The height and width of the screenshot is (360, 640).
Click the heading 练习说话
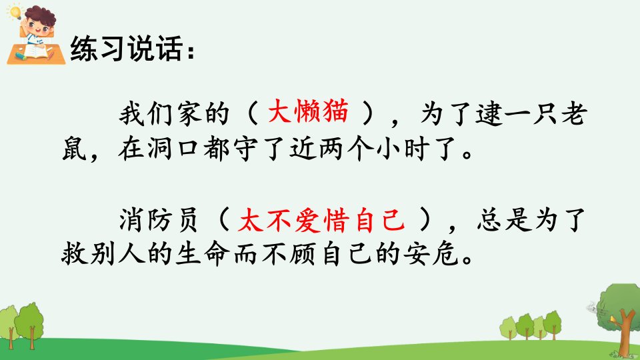127,49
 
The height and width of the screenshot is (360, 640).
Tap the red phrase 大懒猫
308,111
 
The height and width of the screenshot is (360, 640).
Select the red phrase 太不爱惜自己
321,221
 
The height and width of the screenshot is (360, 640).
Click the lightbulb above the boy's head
15,11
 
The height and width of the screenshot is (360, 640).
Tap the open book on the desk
37,52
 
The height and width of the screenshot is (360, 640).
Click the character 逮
489,113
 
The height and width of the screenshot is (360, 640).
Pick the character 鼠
74,148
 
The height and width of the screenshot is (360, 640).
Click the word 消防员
159,221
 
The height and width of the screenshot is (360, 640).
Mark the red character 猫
335,111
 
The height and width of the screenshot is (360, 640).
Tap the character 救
74,254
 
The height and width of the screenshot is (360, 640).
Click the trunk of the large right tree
623,334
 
